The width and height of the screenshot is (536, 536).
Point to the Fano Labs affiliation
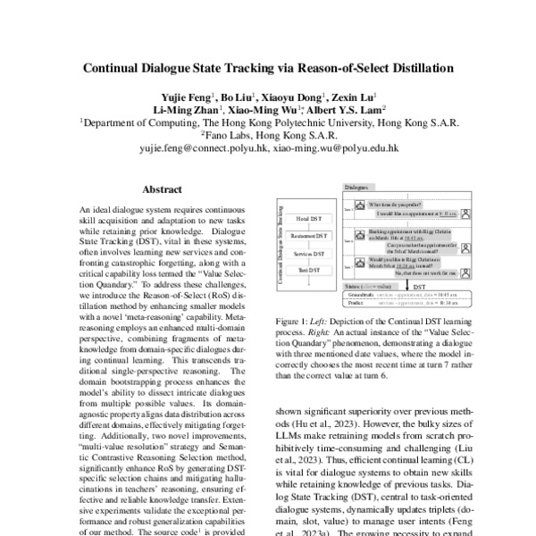pos(267,138)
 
